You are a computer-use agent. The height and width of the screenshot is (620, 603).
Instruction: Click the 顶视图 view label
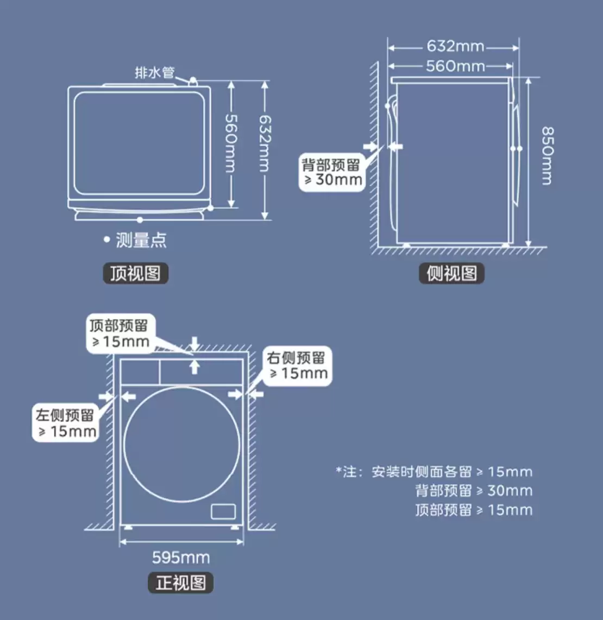tap(136, 273)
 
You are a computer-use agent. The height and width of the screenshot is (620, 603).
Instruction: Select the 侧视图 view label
tap(451, 273)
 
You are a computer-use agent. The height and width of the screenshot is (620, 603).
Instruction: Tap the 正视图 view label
tap(180, 583)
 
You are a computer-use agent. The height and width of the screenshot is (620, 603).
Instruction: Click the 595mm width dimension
tap(181, 558)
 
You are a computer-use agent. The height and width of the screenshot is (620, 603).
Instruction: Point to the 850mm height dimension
tap(548, 156)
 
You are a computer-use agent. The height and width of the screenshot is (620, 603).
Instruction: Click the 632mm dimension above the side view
tap(455, 46)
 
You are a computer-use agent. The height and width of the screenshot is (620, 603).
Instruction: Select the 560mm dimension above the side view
tap(455, 66)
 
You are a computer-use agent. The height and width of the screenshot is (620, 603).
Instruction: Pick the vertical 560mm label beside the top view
tap(231, 143)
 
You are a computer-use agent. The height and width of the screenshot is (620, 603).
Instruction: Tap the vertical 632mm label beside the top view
tap(265, 143)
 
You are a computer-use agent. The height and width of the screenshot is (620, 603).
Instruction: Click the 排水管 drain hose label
tap(155, 73)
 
